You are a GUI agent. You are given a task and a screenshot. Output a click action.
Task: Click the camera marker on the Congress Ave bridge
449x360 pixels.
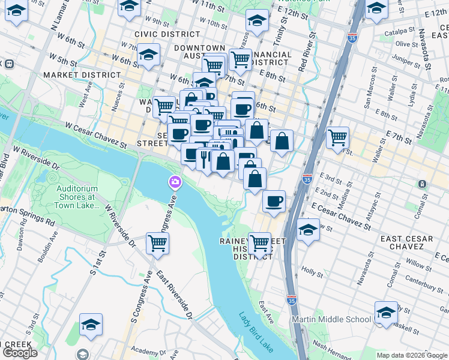pyautogui.click(x=175, y=181)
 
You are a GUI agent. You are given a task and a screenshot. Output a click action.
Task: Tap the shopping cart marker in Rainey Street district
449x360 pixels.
pyautogui.click(x=259, y=244)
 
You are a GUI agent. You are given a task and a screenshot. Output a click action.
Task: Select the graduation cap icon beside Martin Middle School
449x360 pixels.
pyautogui.click(x=386, y=313)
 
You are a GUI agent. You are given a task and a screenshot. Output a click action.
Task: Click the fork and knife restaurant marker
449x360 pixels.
pyautogui.click(x=204, y=159)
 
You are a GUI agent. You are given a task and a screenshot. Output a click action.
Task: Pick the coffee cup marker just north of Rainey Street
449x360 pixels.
pyautogui.click(x=274, y=202)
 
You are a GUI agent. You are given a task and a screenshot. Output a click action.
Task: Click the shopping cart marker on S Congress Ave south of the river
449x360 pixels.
pyautogui.click(x=157, y=244)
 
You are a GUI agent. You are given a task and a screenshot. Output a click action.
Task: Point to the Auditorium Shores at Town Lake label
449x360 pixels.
pyautogui.click(x=76, y=196)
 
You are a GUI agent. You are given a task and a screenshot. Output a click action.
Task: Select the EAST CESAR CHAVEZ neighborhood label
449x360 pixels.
pyautogui.click(x=406, y=243)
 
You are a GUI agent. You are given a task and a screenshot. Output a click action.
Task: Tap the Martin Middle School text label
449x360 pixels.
pyautogui.click(x=331, y=319)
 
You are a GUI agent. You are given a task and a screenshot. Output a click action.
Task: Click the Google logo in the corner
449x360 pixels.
pyautogui.click(x=20, y=353)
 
